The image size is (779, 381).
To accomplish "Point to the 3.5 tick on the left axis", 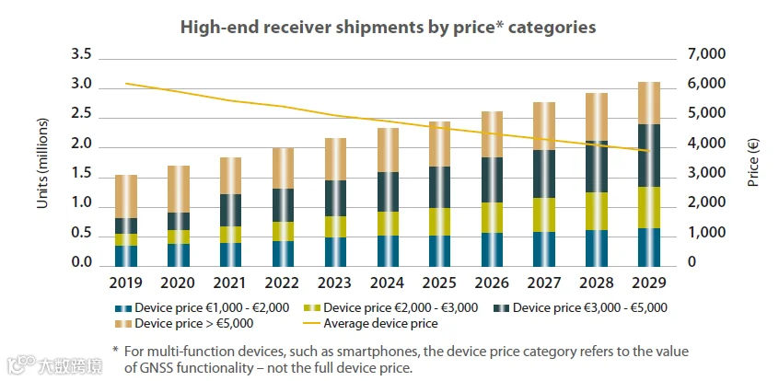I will click(81, 55).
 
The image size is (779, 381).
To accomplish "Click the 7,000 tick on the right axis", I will click(707, 55).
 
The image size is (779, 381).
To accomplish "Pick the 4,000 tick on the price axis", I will click(707, 144).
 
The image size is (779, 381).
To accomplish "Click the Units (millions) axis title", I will click(42, 160).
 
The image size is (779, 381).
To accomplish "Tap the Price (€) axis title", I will click(752, 160).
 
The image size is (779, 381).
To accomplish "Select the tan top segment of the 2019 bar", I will click(126, 196).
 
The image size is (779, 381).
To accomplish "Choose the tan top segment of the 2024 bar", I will click(389, 150).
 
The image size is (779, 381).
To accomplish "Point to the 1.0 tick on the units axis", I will click(81, 204).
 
